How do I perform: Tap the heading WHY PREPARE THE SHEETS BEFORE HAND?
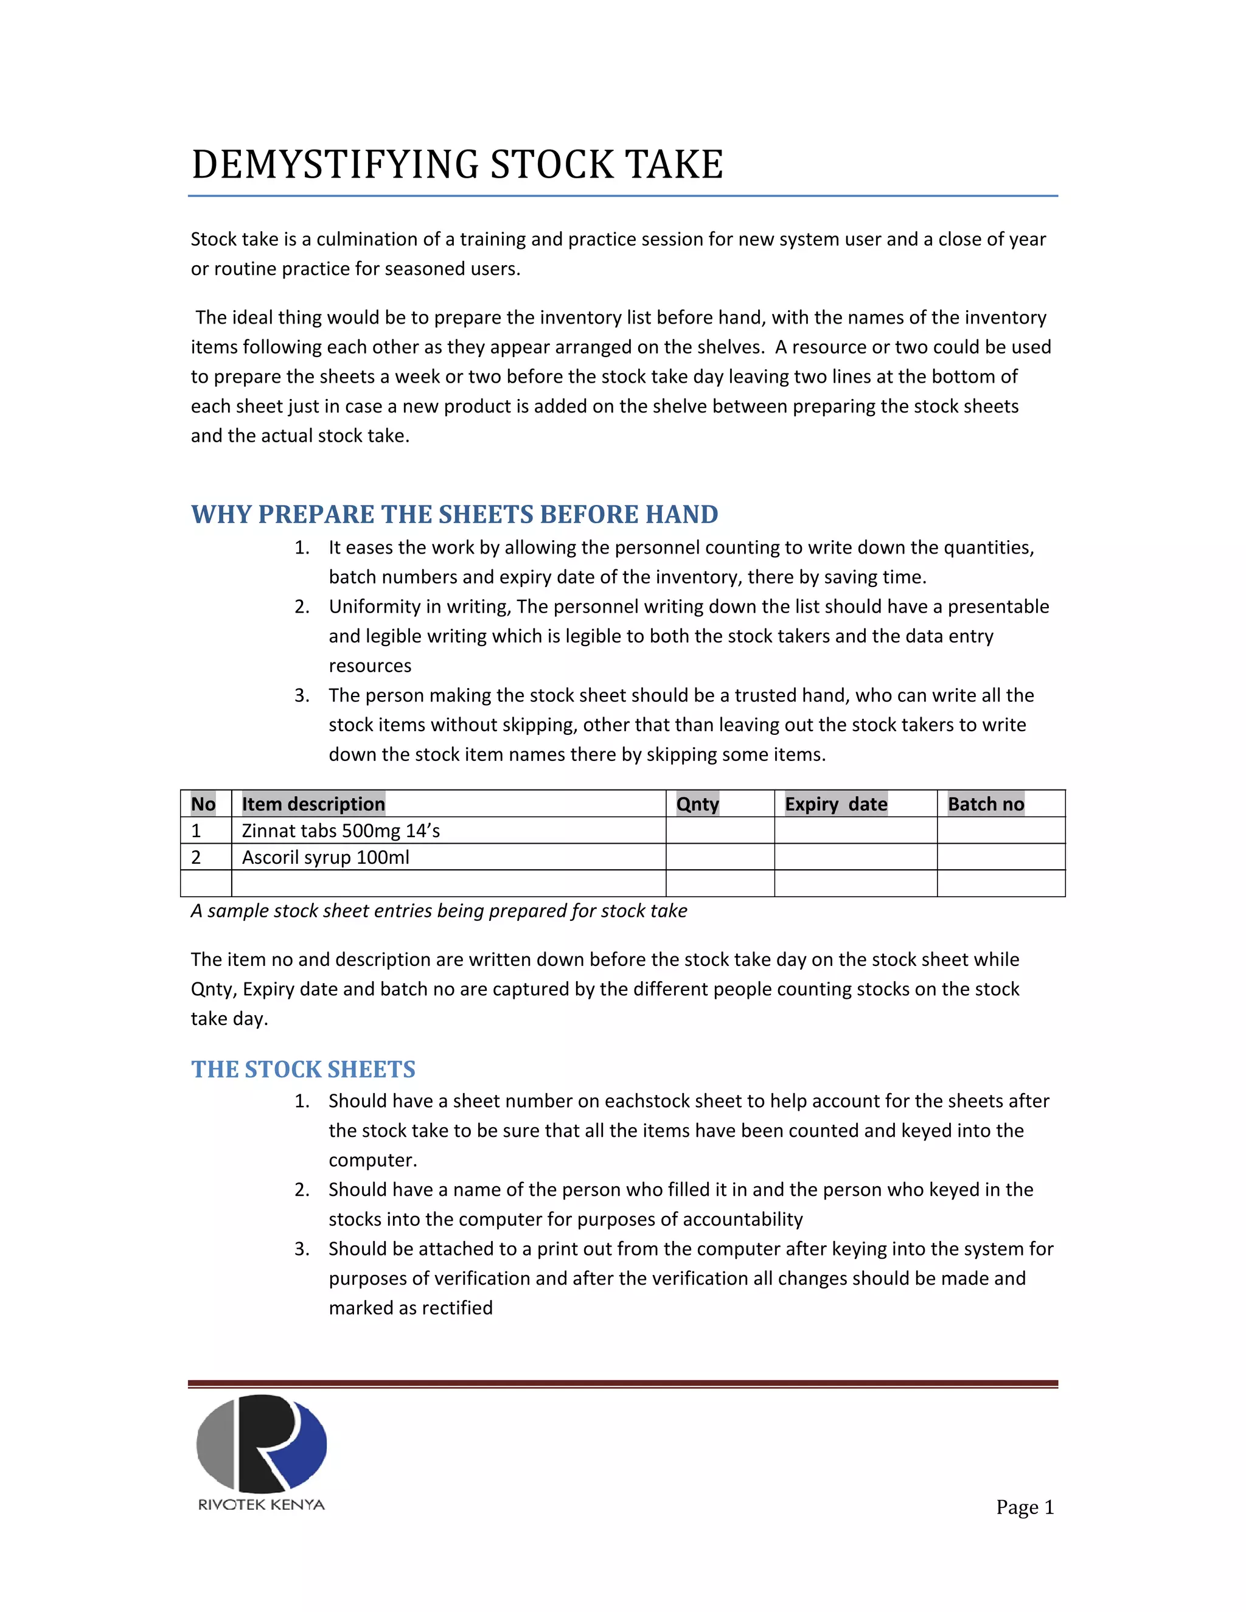(454, 514)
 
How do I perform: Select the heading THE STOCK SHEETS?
(302, 1069)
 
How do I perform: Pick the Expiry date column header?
(835, 804)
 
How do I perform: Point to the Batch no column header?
(986, 804)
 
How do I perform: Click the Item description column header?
(313, 804)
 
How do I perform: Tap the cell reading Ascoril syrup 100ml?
(325, 857)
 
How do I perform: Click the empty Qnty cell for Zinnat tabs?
(720, 830)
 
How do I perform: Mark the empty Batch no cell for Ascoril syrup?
(1000, 857)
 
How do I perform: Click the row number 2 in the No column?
(197, 857)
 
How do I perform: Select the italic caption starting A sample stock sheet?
(439, 910)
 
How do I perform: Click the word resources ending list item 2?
(370, 665)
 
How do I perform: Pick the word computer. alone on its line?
(373, 1159)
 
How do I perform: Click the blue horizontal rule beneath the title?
(622, 196)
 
